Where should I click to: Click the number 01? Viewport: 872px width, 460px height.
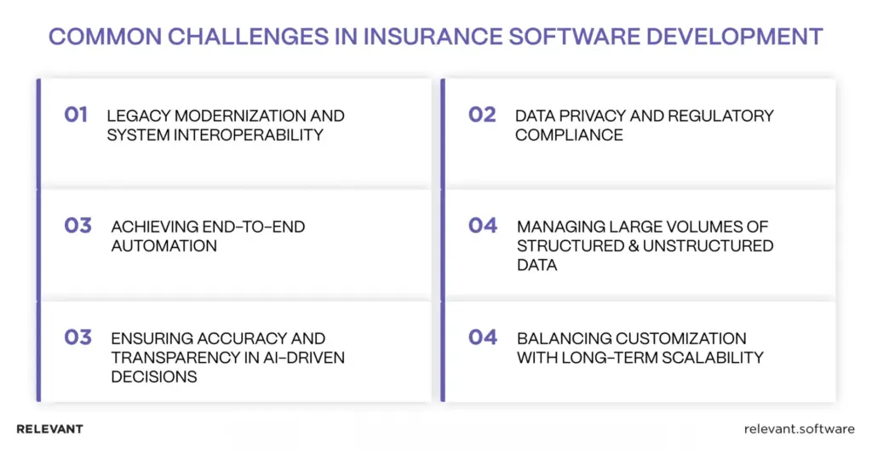tap(76, 114)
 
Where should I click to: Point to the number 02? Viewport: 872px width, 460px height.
tap(482, 114)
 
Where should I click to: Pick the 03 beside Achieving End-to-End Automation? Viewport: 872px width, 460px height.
tap(77, 226)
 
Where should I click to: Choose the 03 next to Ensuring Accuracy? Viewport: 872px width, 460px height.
tap(77, 337)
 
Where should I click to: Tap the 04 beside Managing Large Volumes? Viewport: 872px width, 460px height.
tap(483, 226)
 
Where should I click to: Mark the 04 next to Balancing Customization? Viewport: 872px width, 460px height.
tap(483, 337)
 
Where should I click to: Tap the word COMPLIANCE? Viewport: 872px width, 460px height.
tap(569, 135)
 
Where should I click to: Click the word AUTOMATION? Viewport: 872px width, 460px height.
tap(163, 246)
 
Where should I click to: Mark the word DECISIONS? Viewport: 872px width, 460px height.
tap(154, 377)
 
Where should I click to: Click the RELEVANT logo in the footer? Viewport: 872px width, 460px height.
tap(49, 429)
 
